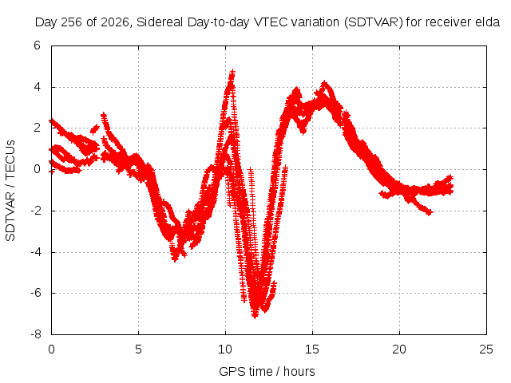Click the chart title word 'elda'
pos(487,22)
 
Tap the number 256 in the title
pos(73,22)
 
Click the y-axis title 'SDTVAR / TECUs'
pos(10,191)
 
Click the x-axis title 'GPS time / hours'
pos(267,372)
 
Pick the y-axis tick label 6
pos(37,45)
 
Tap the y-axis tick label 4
pos(37,87)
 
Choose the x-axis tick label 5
pos(138,349)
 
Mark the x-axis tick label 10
pos(225,349)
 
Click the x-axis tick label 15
pos(312,349)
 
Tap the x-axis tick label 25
pos(486,349)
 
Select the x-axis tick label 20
pos(399,349)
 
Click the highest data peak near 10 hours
pos(232,72)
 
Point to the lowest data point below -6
pos(255,315)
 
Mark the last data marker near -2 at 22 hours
pos(430,213)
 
